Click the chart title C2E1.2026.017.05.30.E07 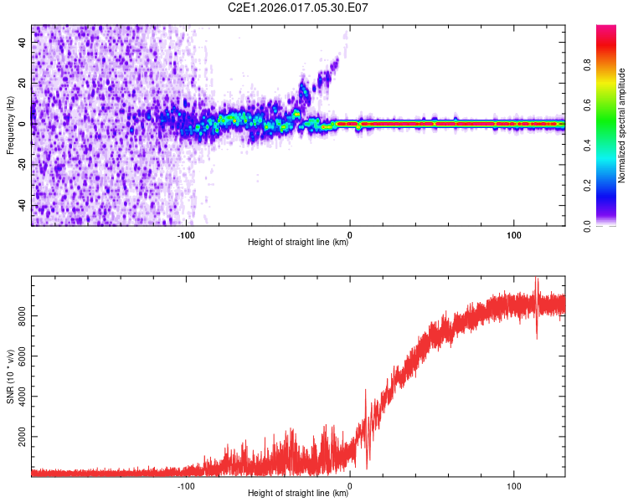[299, 8]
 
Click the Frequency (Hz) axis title [10, 125]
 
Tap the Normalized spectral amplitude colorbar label [621, 125]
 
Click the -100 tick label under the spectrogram [186, 235]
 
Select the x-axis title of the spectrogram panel [298, 243]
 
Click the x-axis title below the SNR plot [298, 493]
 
